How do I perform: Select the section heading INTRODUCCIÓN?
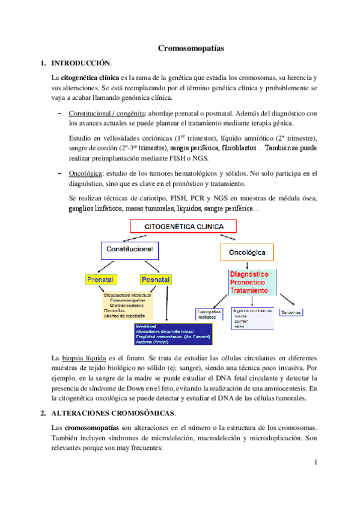point(81,63)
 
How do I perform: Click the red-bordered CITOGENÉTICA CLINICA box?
point(183,227)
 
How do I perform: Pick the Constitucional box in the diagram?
point(129,248)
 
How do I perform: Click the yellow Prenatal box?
point(100,280)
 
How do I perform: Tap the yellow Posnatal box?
point(155,280)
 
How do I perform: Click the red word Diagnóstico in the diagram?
point(253,274)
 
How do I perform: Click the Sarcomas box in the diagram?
point(291,312)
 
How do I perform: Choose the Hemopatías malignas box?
point(210,315)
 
